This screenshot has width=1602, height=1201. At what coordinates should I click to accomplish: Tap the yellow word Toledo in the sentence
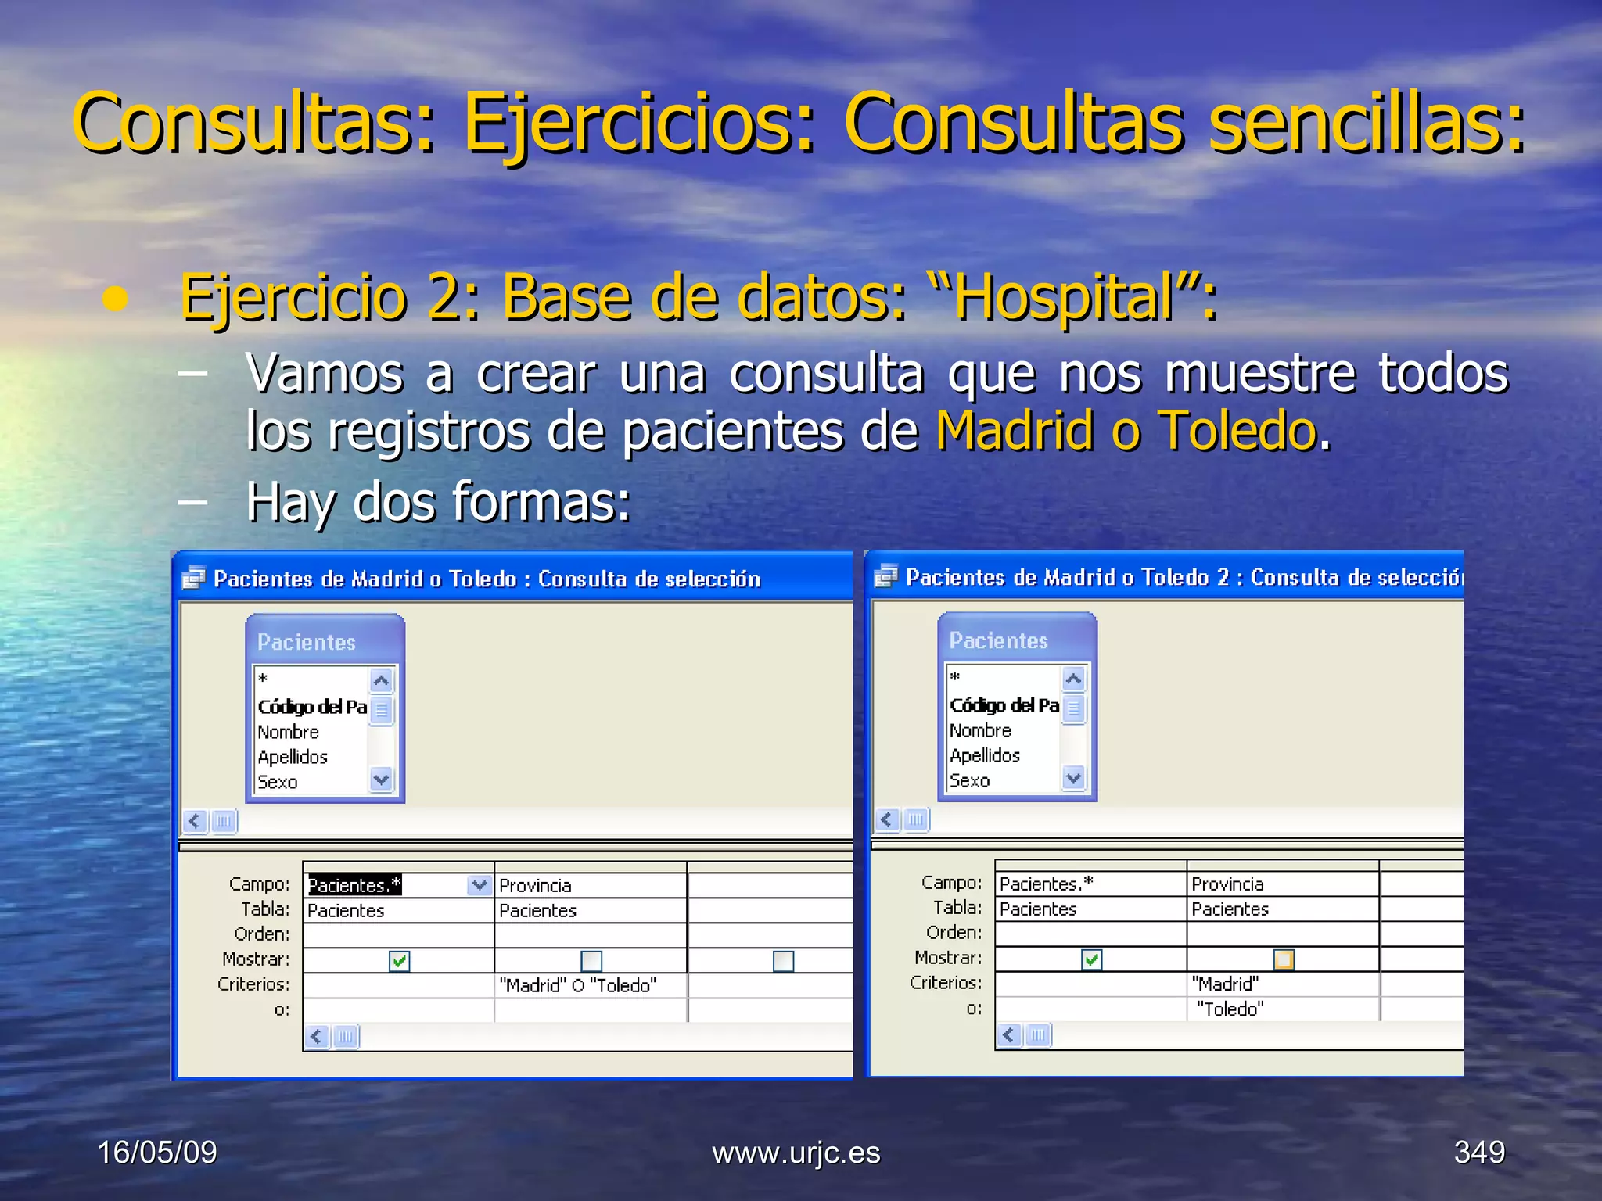[1237, 431]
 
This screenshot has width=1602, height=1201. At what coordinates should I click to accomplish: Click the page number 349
[1479, 1152]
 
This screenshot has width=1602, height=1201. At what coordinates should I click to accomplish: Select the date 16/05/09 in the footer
[157, 1153]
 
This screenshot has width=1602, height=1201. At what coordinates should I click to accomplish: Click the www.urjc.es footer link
[796, 1153]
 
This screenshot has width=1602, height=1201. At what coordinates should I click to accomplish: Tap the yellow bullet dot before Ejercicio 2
[116, 299]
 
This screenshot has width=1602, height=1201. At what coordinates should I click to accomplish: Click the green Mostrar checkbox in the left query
[399, 960]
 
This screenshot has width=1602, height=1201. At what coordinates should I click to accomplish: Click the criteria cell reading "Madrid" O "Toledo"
[578, 985]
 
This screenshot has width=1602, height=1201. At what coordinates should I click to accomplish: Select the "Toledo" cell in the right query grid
[1230, 1009]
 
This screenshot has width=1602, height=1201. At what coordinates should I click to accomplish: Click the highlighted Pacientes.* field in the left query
[355, 885]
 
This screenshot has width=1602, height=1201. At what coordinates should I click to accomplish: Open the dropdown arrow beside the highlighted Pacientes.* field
[480, 885]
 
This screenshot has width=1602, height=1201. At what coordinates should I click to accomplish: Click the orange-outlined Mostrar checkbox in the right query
[1284, 959]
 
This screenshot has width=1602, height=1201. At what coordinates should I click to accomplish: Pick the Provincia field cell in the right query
[1228, 884]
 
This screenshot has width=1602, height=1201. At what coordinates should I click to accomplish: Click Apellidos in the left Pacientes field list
[293, 757]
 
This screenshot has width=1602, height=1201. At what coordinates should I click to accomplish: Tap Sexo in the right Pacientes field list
[970, 780]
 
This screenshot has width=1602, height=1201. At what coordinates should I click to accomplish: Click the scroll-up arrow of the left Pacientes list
[382, 680]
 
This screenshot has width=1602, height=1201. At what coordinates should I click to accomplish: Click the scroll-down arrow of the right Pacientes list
[1073, 778]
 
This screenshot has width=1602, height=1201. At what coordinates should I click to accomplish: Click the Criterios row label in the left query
[253, 984]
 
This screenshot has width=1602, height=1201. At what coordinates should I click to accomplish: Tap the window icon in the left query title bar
[193, 578]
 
